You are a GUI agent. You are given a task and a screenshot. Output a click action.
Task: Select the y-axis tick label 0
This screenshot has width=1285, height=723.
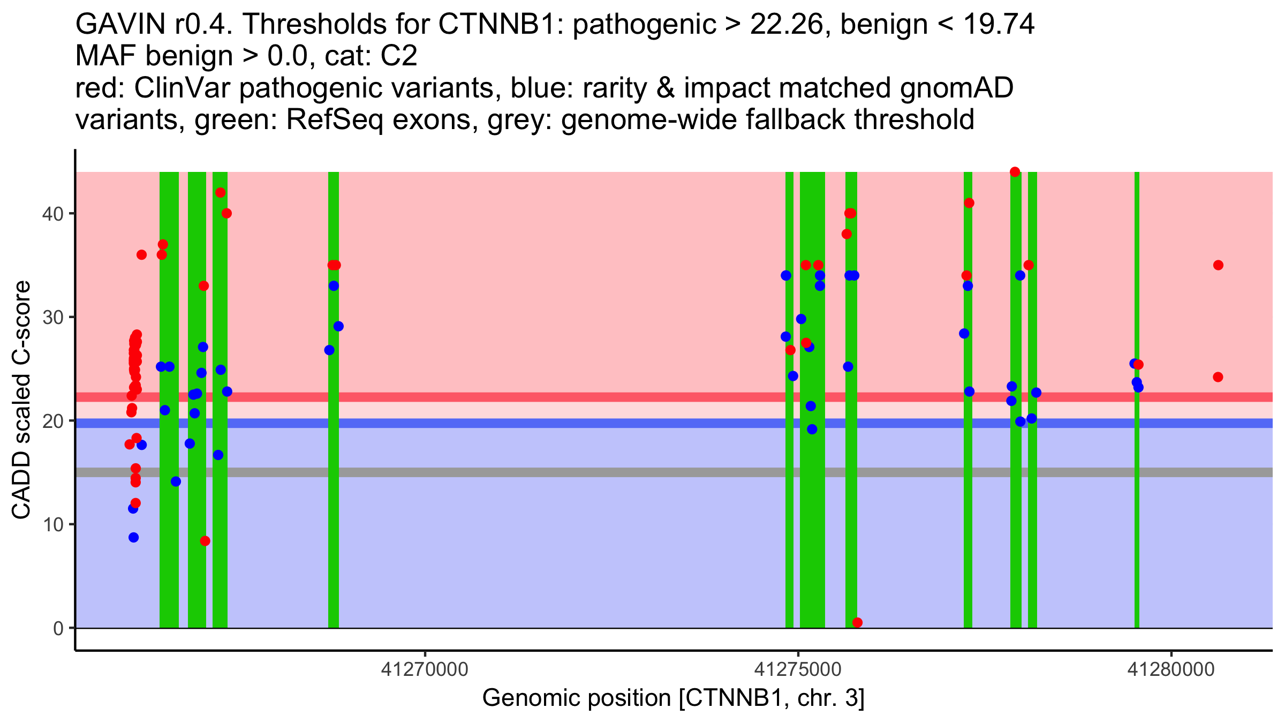[x=58, y=628]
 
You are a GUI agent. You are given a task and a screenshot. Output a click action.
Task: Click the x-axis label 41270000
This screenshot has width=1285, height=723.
[x=425, y=669]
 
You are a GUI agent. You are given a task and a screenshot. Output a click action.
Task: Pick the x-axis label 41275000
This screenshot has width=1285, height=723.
[x=798, y=669]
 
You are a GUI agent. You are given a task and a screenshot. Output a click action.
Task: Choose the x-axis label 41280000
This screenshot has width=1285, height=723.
[x=1171, y=669]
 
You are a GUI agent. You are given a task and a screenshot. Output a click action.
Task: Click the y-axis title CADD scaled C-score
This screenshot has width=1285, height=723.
[x=21, y=400]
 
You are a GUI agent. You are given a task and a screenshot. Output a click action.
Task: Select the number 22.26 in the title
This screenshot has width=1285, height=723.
[x=786, y=25]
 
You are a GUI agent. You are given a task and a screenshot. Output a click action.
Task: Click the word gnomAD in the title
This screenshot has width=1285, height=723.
[x=956, y=88]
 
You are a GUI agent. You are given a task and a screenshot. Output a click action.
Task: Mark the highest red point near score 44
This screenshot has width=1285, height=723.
[x=1015, y=172]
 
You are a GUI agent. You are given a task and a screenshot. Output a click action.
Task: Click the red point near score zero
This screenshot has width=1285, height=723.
[x=857, y=622]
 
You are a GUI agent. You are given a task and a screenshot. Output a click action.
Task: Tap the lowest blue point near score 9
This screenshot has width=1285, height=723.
[x=133, y=537]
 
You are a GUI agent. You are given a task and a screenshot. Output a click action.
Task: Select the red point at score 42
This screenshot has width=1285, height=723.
[x=220, y=193]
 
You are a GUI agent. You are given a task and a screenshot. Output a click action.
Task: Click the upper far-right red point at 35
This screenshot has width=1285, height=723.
[x=1218, y=265]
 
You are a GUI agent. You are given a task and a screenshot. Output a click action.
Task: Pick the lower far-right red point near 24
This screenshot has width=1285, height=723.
[x=1218, y=377]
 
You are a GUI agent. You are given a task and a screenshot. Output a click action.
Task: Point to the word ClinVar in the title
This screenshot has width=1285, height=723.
[x=182, y=88]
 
